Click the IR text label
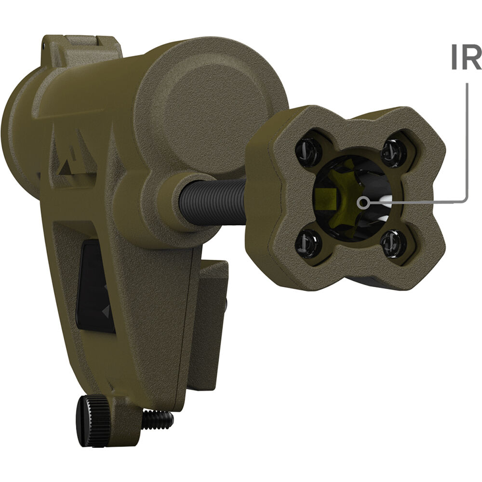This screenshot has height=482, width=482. pos(466,57)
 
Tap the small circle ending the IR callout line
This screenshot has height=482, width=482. pos(364,202)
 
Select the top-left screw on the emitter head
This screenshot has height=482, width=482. pos(308,150)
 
